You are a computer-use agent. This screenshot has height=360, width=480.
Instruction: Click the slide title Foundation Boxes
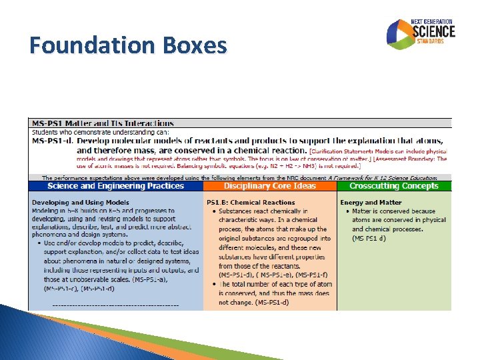click(128, 46)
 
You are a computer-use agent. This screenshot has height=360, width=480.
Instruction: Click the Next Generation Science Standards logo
click(421, 33)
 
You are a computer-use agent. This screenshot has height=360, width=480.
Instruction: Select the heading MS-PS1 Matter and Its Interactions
click(102, 123)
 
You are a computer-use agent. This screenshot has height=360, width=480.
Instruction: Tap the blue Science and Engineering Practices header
click(115, 186)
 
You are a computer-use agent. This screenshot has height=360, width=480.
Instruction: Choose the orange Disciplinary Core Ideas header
click(270, 186)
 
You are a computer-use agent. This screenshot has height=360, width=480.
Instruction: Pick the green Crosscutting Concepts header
click(394, 186)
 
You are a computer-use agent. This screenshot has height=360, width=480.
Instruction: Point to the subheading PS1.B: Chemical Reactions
click(251, 203)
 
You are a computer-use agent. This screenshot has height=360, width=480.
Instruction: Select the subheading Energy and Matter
click(371, 203)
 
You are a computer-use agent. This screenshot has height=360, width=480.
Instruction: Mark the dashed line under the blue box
click(115, 305)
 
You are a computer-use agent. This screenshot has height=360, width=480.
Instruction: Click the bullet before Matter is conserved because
click(347, 211)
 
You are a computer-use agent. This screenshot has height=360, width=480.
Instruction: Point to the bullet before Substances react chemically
click(213, 211)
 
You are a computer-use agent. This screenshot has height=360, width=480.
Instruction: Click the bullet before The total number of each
click(213, 285)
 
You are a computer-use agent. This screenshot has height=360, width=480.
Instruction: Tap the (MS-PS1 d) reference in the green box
click(369, 239)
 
